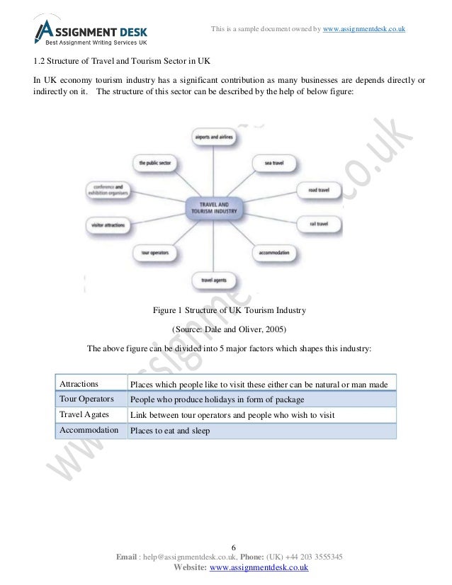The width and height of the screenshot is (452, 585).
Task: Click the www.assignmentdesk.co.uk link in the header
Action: [x=363, y=28]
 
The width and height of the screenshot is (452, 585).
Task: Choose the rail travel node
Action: [x=318, y=224]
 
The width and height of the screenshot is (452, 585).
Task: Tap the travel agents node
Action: [x=215, y=279]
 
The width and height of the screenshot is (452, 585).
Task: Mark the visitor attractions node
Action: [x=109, y=224]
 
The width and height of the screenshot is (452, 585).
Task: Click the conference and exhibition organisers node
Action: [x=108, y=191]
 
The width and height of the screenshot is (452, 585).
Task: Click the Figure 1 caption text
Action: [x=225, y=310]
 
